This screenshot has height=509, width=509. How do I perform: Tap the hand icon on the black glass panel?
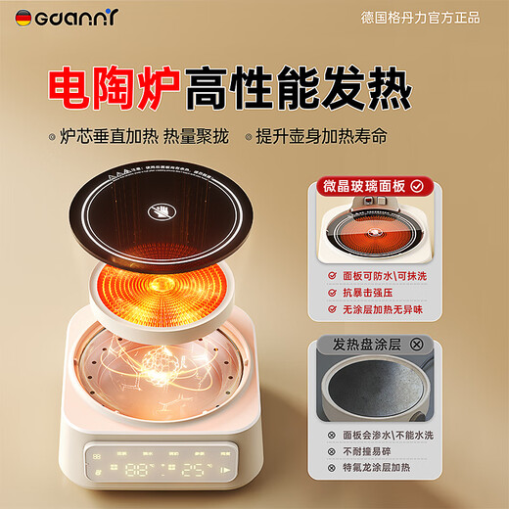tap(162, 210)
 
